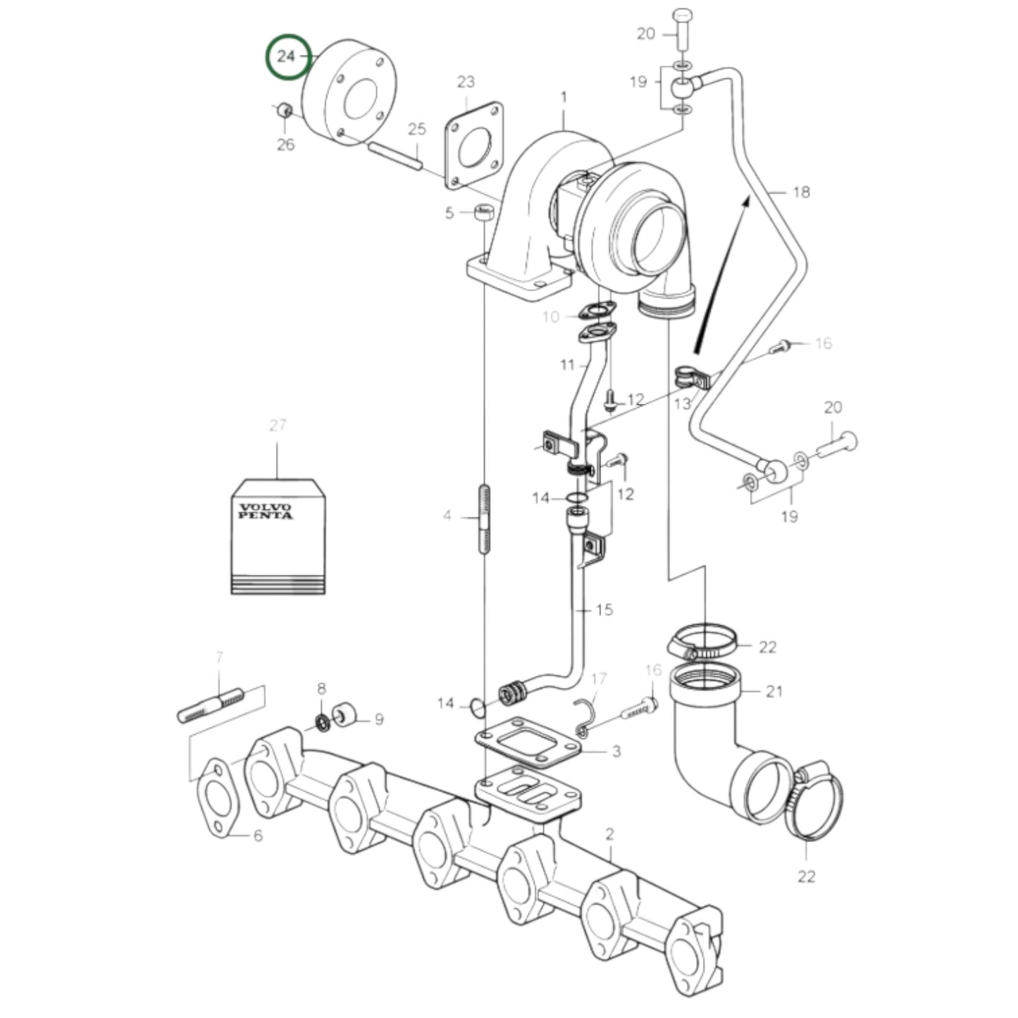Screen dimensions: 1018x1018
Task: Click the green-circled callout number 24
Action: click(287, 56)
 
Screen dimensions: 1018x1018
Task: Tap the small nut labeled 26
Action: click(284, 110)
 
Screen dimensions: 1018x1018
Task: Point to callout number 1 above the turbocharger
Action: click(564, 97)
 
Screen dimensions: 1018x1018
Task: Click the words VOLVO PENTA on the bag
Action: click(265, 511)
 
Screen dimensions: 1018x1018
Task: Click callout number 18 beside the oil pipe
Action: click(801, 192)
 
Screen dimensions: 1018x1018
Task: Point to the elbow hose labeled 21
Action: click(712, 740)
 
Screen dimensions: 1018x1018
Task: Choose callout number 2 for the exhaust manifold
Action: click(609, 834)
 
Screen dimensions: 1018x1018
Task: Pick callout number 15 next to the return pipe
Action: click(604, 609)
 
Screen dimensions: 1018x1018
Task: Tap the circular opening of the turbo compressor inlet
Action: click(659, 240)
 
